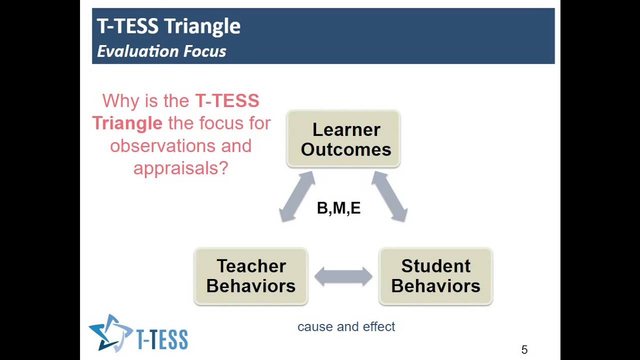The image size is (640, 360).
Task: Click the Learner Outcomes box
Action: click(x=343, y=139)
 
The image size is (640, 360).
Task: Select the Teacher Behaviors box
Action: click(x=250, y=276)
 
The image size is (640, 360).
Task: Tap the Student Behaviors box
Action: click(x=435, y=276)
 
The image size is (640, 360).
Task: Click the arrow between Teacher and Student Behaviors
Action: click(x=343, y=276)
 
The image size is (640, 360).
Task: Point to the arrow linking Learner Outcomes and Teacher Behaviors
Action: click(x=297, y=196)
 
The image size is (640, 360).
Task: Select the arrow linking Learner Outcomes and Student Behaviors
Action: click(x=389, y=196)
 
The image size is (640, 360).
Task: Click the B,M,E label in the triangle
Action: click(x=338, y=208)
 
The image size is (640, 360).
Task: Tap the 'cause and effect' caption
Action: click(x=346, y=326)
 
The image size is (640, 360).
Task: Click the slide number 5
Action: click(x=524, y=350)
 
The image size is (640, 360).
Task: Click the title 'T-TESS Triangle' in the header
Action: click(x=168, y=26)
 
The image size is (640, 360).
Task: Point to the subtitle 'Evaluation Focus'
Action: click(x=161, y=51)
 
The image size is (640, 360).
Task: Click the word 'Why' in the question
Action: click(x=120, y=101)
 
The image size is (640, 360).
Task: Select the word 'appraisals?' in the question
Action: click(x=180, y=168)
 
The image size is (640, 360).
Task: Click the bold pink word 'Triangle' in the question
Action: click(x=127, y=123)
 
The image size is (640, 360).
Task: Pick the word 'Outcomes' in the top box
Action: click(x=346, y=149)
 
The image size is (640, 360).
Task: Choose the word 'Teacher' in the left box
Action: click(x=251, y=266)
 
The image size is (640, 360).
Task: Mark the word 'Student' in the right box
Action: click(x=435, y=266)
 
